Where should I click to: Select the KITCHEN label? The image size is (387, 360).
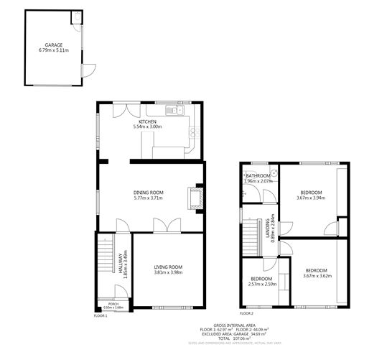click(147, 122)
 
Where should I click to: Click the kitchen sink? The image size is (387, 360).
click(172, 111)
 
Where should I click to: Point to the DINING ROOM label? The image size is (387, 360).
click(149, 193)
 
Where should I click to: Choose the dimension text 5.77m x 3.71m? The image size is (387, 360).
click(149, 198)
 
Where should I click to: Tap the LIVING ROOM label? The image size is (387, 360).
click(168, 268)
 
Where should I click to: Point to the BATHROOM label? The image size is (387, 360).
click(258, 176)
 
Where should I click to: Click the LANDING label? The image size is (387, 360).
click(267, 228)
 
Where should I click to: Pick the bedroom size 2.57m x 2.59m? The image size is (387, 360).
click(261, 284)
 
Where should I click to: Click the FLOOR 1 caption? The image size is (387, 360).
click(101, 316)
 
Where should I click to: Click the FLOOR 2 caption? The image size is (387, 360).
click(246, 314)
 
